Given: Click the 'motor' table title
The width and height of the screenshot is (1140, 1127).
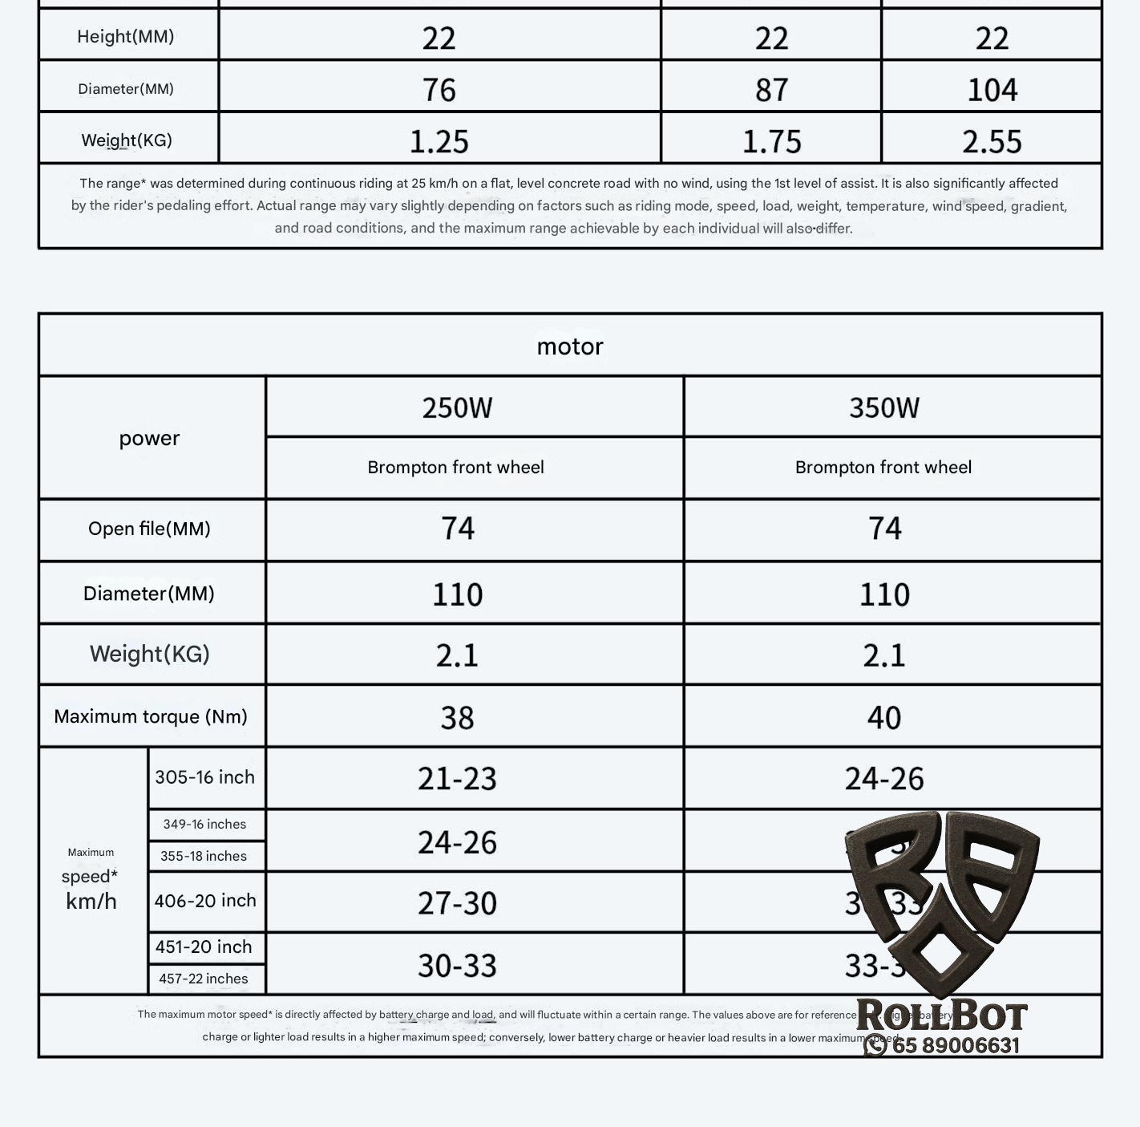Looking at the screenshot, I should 569,347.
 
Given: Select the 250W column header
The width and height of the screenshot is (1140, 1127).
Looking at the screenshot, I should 457,407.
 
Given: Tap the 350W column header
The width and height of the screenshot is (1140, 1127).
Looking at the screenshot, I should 884,407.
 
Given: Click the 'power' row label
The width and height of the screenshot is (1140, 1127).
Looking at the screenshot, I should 150,438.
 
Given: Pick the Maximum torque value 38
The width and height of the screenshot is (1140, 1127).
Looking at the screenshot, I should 457,717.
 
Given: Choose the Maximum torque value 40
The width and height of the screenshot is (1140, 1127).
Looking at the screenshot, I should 884,717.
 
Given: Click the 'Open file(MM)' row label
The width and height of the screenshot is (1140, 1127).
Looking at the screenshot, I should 150,529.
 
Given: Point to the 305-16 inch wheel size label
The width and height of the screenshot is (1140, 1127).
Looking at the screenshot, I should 204,777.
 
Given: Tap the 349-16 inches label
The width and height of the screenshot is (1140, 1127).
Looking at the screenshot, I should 204,824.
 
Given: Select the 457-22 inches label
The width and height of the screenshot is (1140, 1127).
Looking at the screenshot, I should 204,979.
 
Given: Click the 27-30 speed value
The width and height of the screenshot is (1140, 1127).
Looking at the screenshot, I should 457,903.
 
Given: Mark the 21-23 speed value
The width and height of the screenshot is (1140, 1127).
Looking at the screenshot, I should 457,778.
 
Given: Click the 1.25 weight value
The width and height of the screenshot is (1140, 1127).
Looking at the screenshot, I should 439,142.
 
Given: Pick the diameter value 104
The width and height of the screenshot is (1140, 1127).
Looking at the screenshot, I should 992,89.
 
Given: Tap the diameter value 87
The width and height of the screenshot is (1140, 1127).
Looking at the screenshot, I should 771,89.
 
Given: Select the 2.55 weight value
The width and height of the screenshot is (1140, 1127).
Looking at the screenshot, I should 992,142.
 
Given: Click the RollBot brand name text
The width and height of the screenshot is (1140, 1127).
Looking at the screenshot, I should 941,1016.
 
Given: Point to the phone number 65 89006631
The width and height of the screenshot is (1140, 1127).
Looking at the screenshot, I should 955,1045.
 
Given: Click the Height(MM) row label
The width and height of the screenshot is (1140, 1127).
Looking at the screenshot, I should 126,36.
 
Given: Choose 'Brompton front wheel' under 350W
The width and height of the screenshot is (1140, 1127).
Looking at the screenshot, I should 883,468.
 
